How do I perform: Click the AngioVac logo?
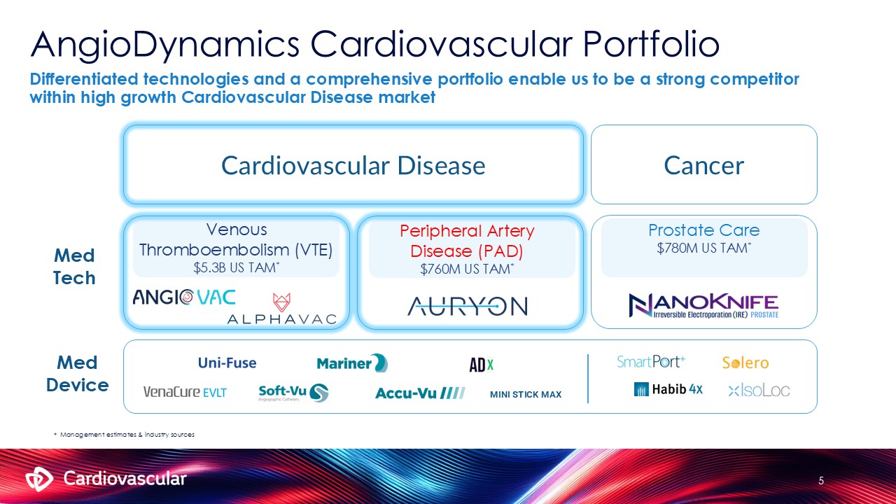[x=184, y=297]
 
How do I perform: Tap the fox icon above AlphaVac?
[x=281, y=302]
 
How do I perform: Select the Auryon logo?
[x=468, y=306]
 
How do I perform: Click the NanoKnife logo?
[x=703, y=306]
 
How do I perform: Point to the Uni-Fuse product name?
[x=227, y=363]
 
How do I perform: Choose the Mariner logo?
[x=352, y=363]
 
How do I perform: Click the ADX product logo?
[x=482, y=365]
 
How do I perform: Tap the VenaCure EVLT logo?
[x=185, y=392]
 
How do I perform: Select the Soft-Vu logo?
[x=293, y=393]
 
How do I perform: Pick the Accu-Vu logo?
[x=420, y=393]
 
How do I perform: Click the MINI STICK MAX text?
[x=526, y=394]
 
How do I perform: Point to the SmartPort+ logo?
[x=651, y=362]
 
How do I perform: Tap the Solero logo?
[x=745, y=363]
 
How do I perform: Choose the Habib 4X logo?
[x=668, y=389]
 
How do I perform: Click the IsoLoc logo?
[x=759, y=390]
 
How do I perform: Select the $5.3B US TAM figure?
[x=236, y=267]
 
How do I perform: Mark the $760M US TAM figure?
[x=467, y=269]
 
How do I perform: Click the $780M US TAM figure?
[x=704, y=248]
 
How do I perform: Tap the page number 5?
[x=821, y=481]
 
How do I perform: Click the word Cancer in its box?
[x=704, y=166]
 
